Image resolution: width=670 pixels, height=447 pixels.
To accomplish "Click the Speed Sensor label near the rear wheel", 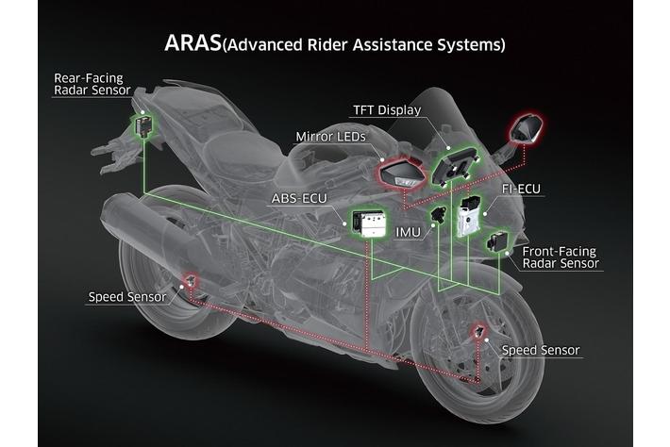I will tap(127, 297).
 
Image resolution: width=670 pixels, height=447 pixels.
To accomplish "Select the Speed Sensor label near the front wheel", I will tap(541, 351).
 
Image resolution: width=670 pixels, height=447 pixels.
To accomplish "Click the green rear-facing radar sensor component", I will tap(142, 124).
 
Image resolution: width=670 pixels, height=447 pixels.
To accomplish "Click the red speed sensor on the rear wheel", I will tap(192, 280).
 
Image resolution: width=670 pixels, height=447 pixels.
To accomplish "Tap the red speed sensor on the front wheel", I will tap(480, 332).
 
